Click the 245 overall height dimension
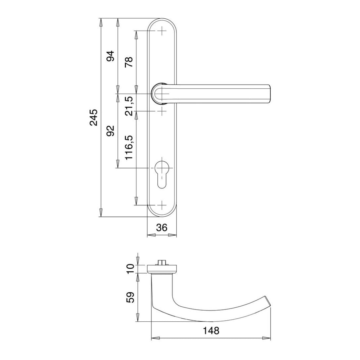point(94,117)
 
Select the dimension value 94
point(110,56)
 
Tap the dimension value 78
point(129,62)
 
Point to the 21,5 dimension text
point(129,106)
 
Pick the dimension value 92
point(110,131)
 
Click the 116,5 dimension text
point(129,147)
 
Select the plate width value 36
point(162,227)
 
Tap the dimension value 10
point(130,269)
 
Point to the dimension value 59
point(130,297)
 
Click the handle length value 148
point(211,331)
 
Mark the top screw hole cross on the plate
point(162,31)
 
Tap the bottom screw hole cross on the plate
point(162,205)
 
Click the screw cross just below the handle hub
point(162,112)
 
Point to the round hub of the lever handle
point(158,94)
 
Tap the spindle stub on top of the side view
point(162,262)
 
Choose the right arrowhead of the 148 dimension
point(267,338)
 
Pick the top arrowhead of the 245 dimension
point(100,22)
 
